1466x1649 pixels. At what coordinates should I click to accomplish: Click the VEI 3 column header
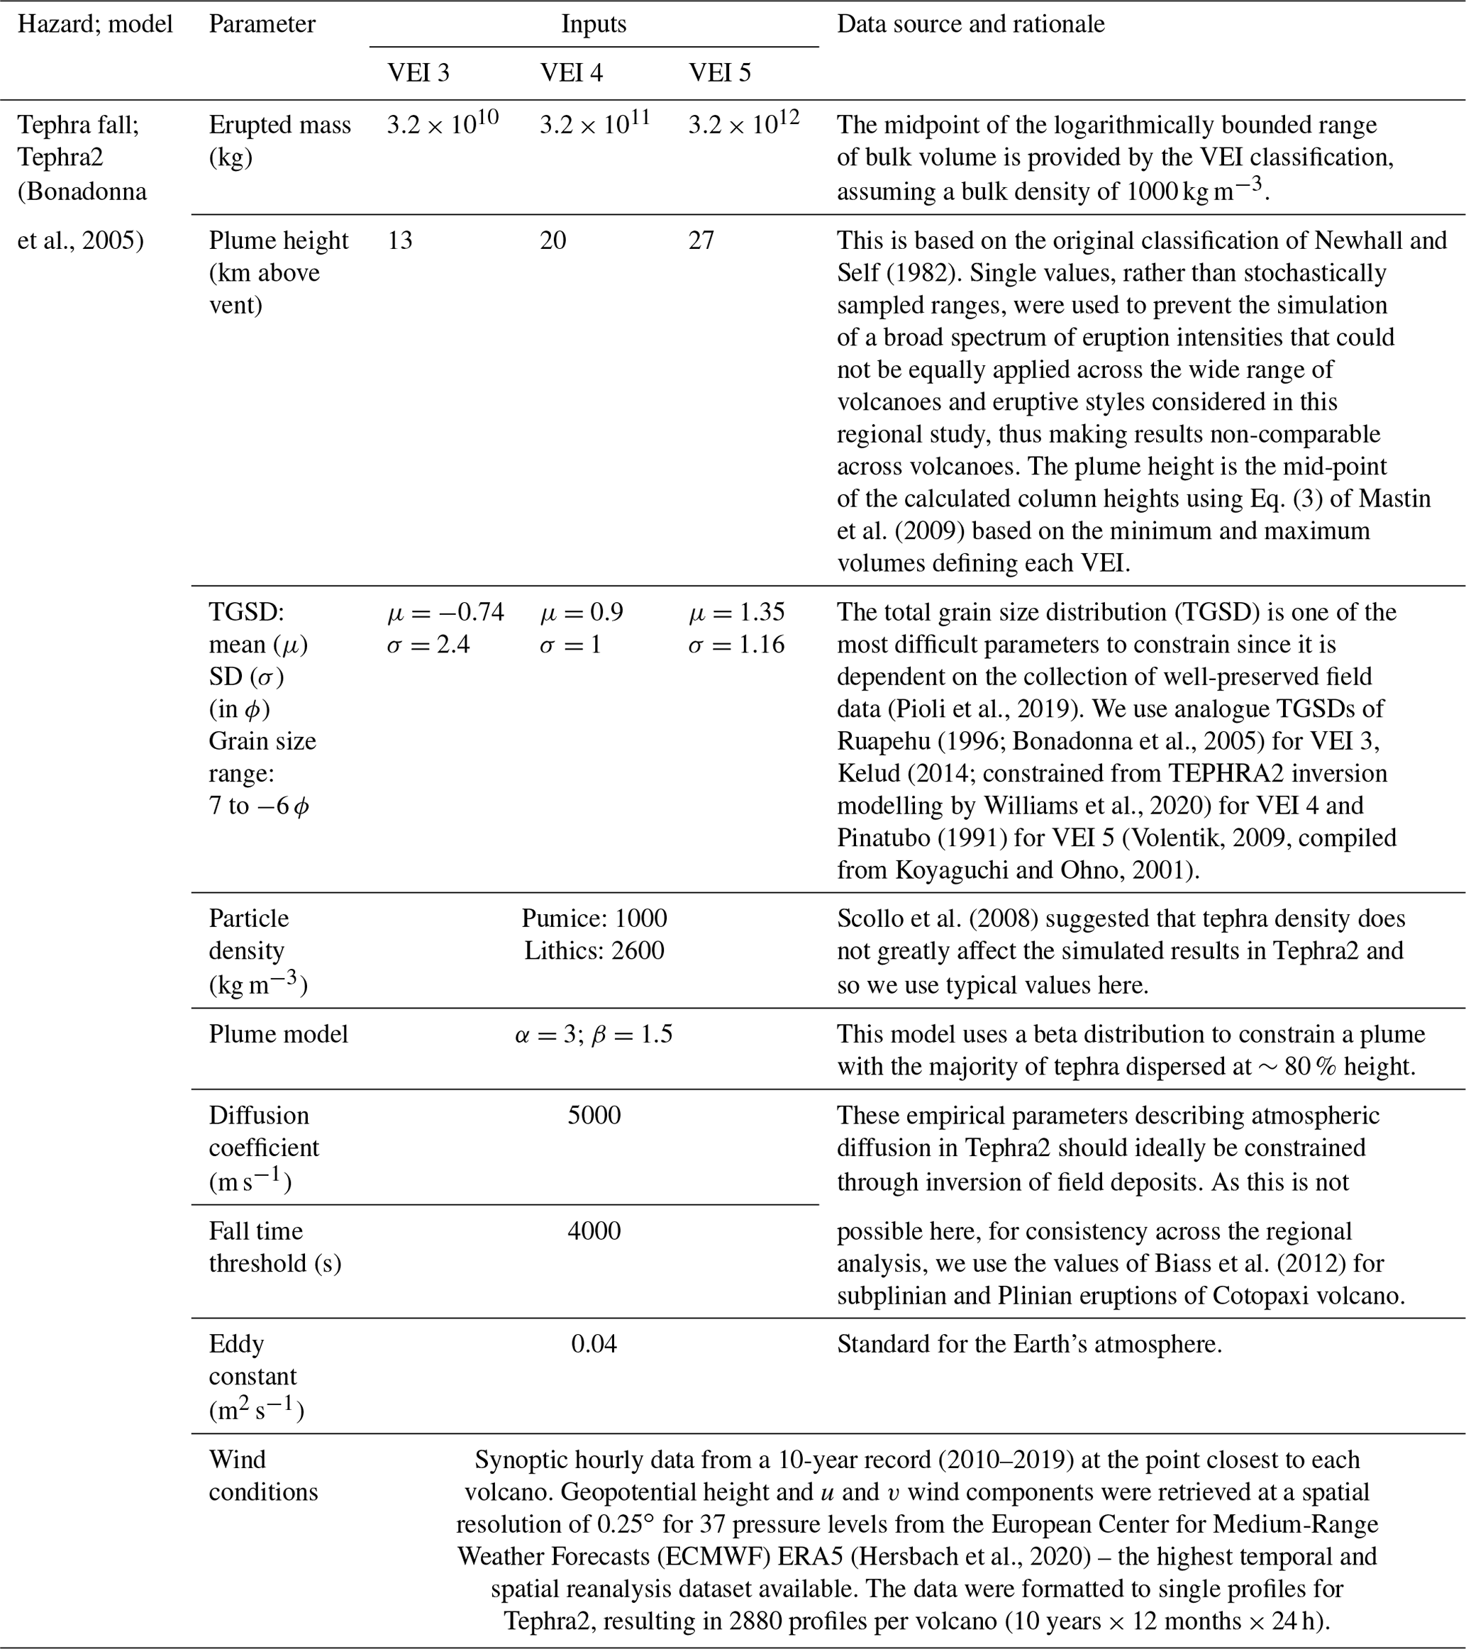418,72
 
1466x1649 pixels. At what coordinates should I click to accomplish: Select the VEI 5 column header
719,72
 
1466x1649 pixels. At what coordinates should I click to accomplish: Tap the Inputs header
593,24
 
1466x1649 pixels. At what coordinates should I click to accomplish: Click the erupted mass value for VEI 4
594,124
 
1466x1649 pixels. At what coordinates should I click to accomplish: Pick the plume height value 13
399,240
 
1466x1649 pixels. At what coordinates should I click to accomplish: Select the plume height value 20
552,240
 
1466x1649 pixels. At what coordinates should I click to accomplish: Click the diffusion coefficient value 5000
594,1115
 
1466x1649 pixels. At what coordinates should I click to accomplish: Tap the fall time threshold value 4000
594,1231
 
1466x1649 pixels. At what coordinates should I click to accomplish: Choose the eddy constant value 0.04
594,1344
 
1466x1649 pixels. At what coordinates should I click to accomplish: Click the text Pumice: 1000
594,918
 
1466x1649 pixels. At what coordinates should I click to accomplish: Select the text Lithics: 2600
594,950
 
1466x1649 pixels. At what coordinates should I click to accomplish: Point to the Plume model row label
278,1034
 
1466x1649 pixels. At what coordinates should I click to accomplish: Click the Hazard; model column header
95,24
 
